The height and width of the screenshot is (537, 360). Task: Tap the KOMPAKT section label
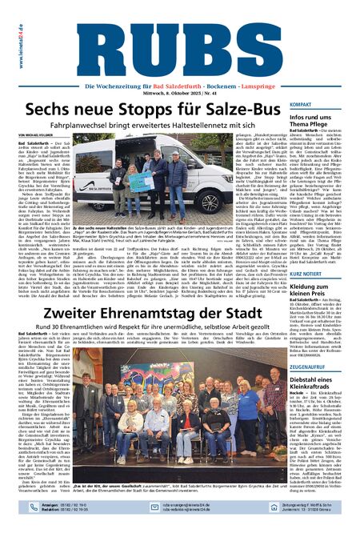point(301,105)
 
